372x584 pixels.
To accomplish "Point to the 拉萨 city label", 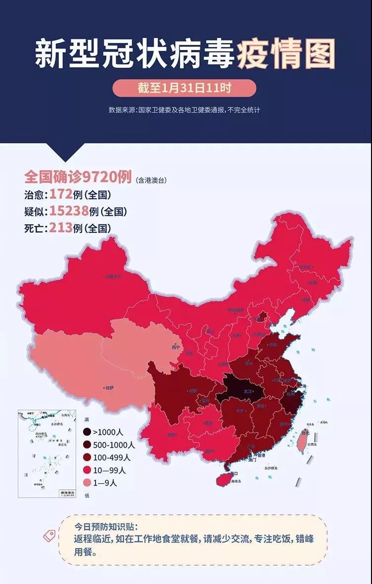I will pyautogui.click(x=109, y=388).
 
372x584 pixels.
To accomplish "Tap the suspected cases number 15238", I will pyautogui.click(x=69, y=211).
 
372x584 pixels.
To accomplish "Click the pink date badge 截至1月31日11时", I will pyautogui.click(x=184, y=88).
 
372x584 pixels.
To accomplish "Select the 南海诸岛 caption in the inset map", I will pyautogui.click(x=66, y=493).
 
